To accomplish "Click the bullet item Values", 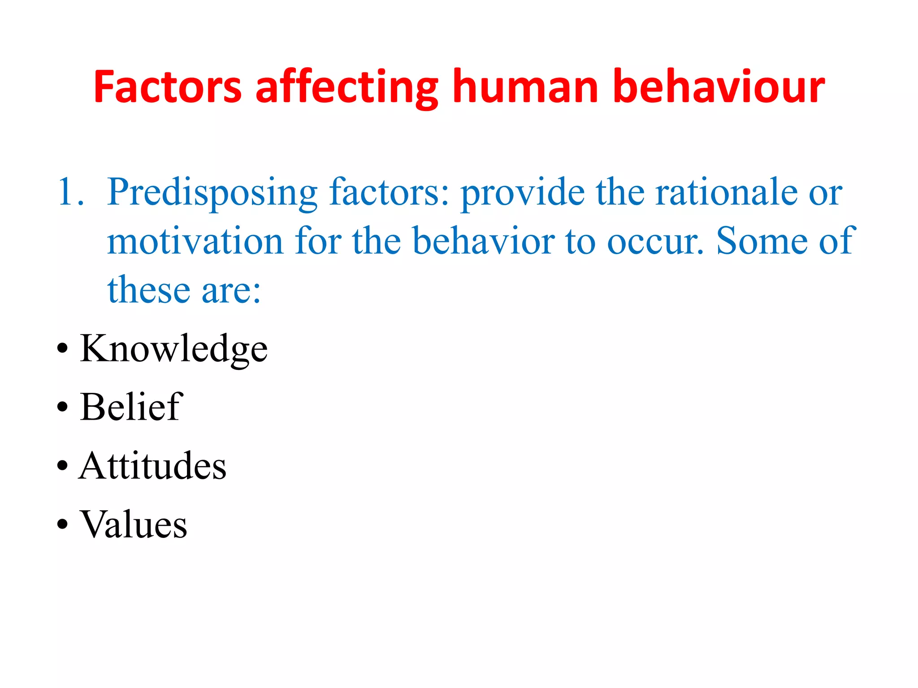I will tap(134, 524).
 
